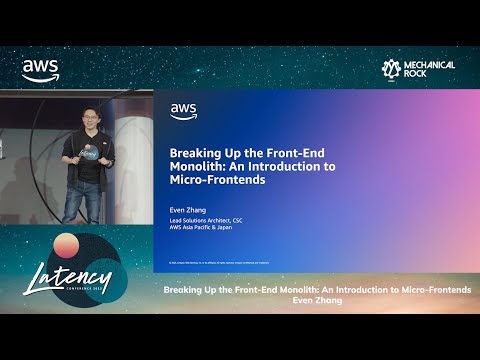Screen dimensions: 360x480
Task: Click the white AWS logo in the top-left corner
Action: click(40, 70)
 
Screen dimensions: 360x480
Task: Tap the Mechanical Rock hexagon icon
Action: click(392, 69)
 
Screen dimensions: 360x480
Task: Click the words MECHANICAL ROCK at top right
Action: click(429, 69)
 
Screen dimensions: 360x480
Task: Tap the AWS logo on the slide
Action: click(183, 111)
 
